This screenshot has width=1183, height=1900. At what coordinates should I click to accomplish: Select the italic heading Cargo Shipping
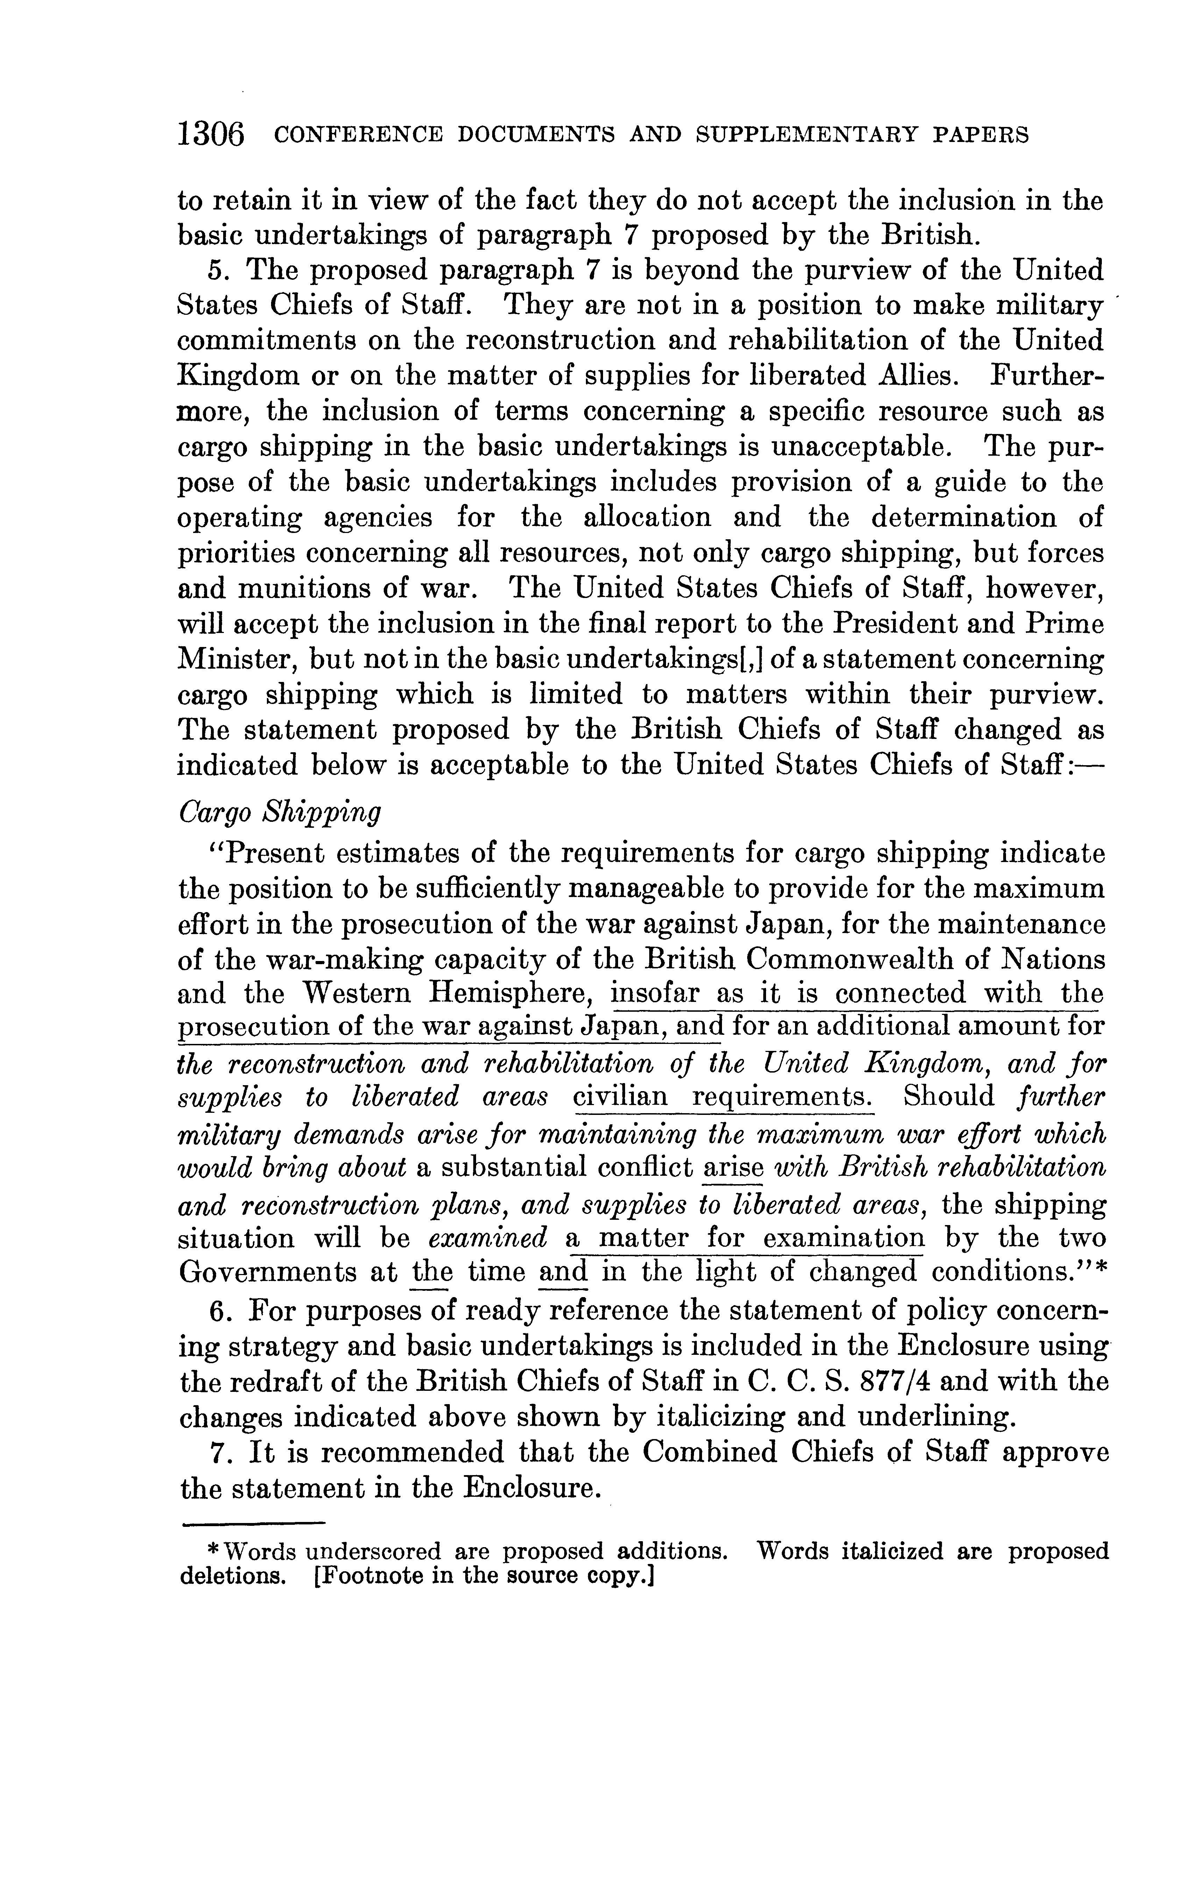coord(279,813)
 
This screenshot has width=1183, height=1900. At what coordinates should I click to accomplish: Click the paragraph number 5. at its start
coord(218,271)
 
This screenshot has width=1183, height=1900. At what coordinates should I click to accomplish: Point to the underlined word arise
coord(733,1168)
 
